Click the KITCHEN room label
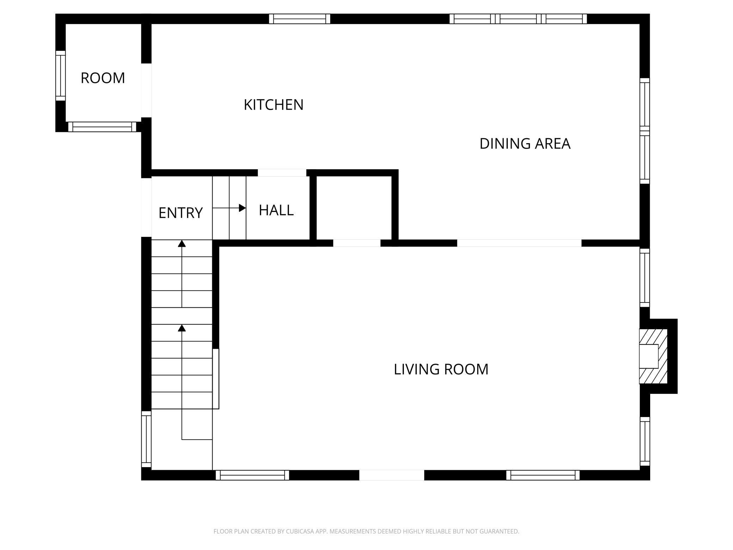[x=273, y=105]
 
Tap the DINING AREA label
[x=525, y=143]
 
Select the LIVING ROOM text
[x=441, y=369]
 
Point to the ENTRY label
[x=180, y=213]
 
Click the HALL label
[x=276, y=210]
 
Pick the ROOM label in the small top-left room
[x=103, y=78]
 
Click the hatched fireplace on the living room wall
[x=653, y=356]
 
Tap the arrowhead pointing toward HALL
[x=242, y=208]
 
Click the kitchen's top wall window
[x=300, y=19]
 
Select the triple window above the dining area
[x=518, y=19]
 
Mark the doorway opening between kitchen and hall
[x=282, y=173]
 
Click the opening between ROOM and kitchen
[x=146, y=90]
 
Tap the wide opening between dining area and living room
[x=519, y=243]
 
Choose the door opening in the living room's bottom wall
[x=392, y=475]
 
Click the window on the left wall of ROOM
[x=61, y=75]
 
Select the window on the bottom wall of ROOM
[x=102, y=127]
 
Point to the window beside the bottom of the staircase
[x=146, y=439]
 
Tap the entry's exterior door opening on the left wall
[x=146, y=207]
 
